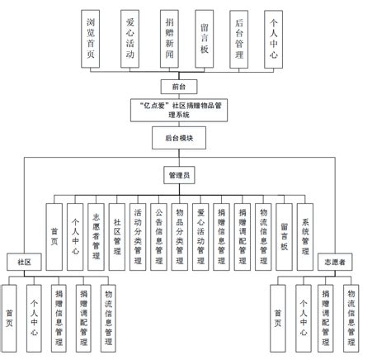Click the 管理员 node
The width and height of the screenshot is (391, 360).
(x=178, y=174)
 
